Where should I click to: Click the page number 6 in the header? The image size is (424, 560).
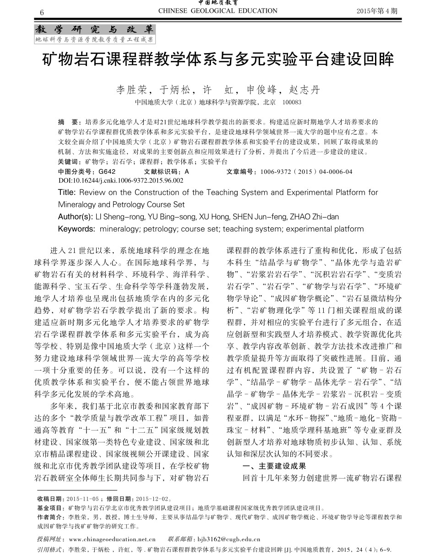(x=42, y=11)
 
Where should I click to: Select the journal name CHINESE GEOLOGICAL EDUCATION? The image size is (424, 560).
(x=217, y=11)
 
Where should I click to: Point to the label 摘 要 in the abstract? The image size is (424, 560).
(x=68, y=123)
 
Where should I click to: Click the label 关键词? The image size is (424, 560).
(x=69, y=162)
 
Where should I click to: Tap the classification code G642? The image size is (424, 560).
(x=107, y=172)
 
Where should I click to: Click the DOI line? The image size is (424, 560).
(x=121, y=180)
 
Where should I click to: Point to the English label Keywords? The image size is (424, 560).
(x=76, y=229)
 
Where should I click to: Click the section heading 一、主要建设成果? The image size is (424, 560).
(x=274, y=466)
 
